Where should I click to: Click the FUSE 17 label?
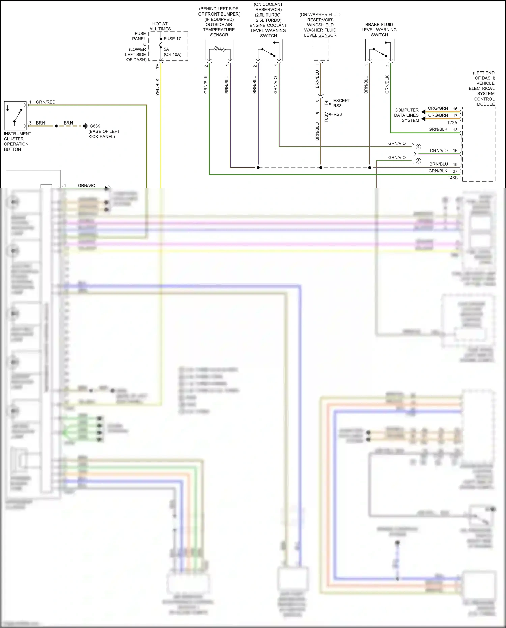(172, 39)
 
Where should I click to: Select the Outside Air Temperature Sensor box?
(220, 50)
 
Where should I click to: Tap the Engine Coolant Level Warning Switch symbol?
(268, 50)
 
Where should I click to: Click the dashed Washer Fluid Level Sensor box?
(321, 49)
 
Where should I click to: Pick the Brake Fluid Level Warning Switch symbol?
(379, 50)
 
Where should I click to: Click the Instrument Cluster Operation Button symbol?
(15, 115)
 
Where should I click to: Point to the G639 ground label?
(95, 126)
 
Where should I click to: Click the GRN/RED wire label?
(46, 102)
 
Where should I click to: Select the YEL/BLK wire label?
(158, 87)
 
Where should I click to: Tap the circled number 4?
(418, 147)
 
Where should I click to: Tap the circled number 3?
(418, 161)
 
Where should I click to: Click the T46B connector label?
(452, 178)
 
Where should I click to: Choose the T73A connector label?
(452, 123)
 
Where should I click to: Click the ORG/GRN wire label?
(438, 108)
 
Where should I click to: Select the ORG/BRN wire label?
(438, 115)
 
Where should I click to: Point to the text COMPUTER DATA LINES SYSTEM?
(406, 115)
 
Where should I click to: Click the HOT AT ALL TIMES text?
(160, 26)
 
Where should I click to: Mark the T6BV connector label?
(326, 117)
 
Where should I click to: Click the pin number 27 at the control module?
(455, 171)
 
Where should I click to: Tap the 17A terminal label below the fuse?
(158, 67)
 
